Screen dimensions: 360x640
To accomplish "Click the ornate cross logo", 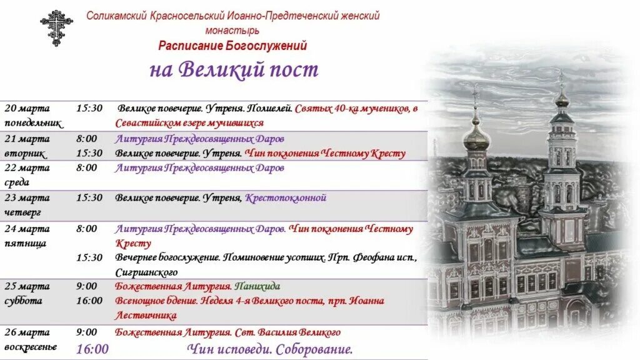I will pyautogui.click(x=57, y=27).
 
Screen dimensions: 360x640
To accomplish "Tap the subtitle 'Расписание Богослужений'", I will pyautogui.click(x=232, y=46).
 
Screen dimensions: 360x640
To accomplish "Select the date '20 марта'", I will pyautogui.click(x=27, y=108).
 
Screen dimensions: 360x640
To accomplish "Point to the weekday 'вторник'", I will pyautogui.click(x=25, y=153).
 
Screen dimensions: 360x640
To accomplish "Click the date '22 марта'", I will pyautogui.click(x=27, y=167).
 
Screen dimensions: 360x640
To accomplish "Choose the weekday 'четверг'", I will pyautogui.click(x=23, y=212).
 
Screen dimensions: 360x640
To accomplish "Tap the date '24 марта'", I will pyautogui.click(x=27, y=229).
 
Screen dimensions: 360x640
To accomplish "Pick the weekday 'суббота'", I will pyautogui.click(x=23, y=301).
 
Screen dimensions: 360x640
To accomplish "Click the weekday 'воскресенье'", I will pyautogui.click(x=31, y=347).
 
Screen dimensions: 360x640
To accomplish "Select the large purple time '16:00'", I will pyautogui.click(x=92, y=349).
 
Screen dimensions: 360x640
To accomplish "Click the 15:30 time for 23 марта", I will pyautogui.click(x=89, y=197).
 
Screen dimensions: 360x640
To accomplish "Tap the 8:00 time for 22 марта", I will pyautogui.click(x=87, y=167).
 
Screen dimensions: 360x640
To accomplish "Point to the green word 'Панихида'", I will pyautogui.click(x=257, y=286).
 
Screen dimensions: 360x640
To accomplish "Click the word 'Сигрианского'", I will pyautogui.click(x=146, y=272).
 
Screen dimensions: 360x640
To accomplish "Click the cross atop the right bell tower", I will pyautogui.click(x=561, y=79).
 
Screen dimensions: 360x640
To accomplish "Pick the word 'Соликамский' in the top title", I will pyautogui.click(x=117, y=16).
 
